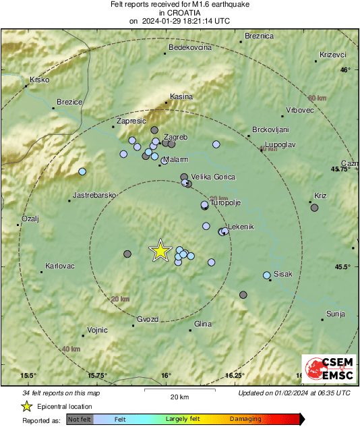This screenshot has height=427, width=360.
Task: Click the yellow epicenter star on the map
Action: coord(160,250)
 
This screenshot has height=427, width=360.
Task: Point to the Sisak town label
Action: coord(282,274)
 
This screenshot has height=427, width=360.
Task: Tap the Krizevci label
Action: coord(332,54)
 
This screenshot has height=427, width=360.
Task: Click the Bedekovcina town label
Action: coord(190,48)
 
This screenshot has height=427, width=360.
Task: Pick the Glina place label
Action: coord(203,324)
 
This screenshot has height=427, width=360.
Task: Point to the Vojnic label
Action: coord(98,331)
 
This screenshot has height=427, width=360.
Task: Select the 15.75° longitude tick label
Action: coord(97,376)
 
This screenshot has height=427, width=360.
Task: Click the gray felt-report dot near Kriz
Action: coord(314,207)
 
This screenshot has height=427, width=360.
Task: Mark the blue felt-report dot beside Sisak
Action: coord(267,275)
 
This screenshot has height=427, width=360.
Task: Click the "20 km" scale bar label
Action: coord(179,396)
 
